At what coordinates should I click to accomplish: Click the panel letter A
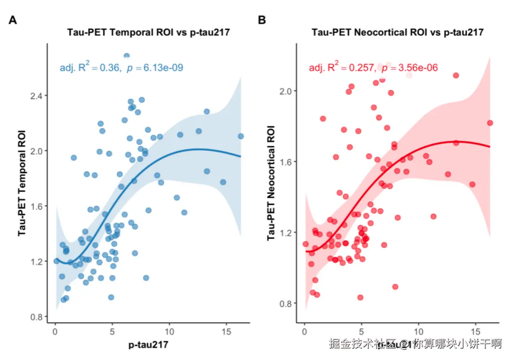point(13,20)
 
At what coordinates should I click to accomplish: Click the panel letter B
point(262,20)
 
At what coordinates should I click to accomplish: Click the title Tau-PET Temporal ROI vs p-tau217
point(149,32)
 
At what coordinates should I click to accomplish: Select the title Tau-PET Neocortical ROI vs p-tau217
point(398,32)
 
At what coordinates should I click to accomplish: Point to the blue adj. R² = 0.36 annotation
point(90,68)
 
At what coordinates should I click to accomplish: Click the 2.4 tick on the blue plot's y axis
point(37,96)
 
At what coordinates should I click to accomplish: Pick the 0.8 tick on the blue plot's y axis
point(37,317)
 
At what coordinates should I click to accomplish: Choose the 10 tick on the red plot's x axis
point(418,332)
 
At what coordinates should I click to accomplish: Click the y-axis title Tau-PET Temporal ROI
point(22,183)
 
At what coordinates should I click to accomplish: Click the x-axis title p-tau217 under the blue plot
point(148,345)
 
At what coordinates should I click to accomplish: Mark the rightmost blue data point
point(241,136)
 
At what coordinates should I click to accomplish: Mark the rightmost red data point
point(490,123)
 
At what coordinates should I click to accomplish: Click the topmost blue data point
point(127,56)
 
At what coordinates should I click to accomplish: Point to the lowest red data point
point(360,297)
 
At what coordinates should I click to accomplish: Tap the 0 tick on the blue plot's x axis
point(55,332)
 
